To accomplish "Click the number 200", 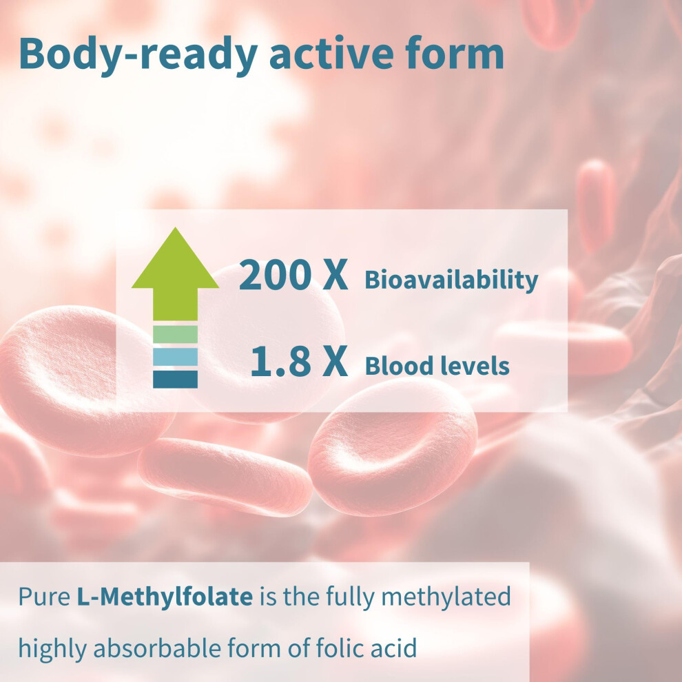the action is tap(274, 274).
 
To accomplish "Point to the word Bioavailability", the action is tap(451, 279).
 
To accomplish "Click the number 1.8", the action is tap(280, 361).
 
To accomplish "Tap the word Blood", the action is tap(397, 365).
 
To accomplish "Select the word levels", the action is tap(473, 365).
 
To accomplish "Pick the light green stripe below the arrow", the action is tap(175, 334).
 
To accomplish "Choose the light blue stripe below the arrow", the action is tap(175, 357).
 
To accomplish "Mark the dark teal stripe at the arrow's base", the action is tap(175, 379).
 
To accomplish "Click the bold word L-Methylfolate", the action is tap(165, 597).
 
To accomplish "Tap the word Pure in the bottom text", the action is tap(44, 597).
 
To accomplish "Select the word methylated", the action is tap(446, 597).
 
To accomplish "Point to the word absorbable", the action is tap(157, 648).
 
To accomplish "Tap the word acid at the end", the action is tap(394, 648).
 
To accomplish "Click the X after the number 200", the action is tap(335, 274).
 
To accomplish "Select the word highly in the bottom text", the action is tap(52, 648).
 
